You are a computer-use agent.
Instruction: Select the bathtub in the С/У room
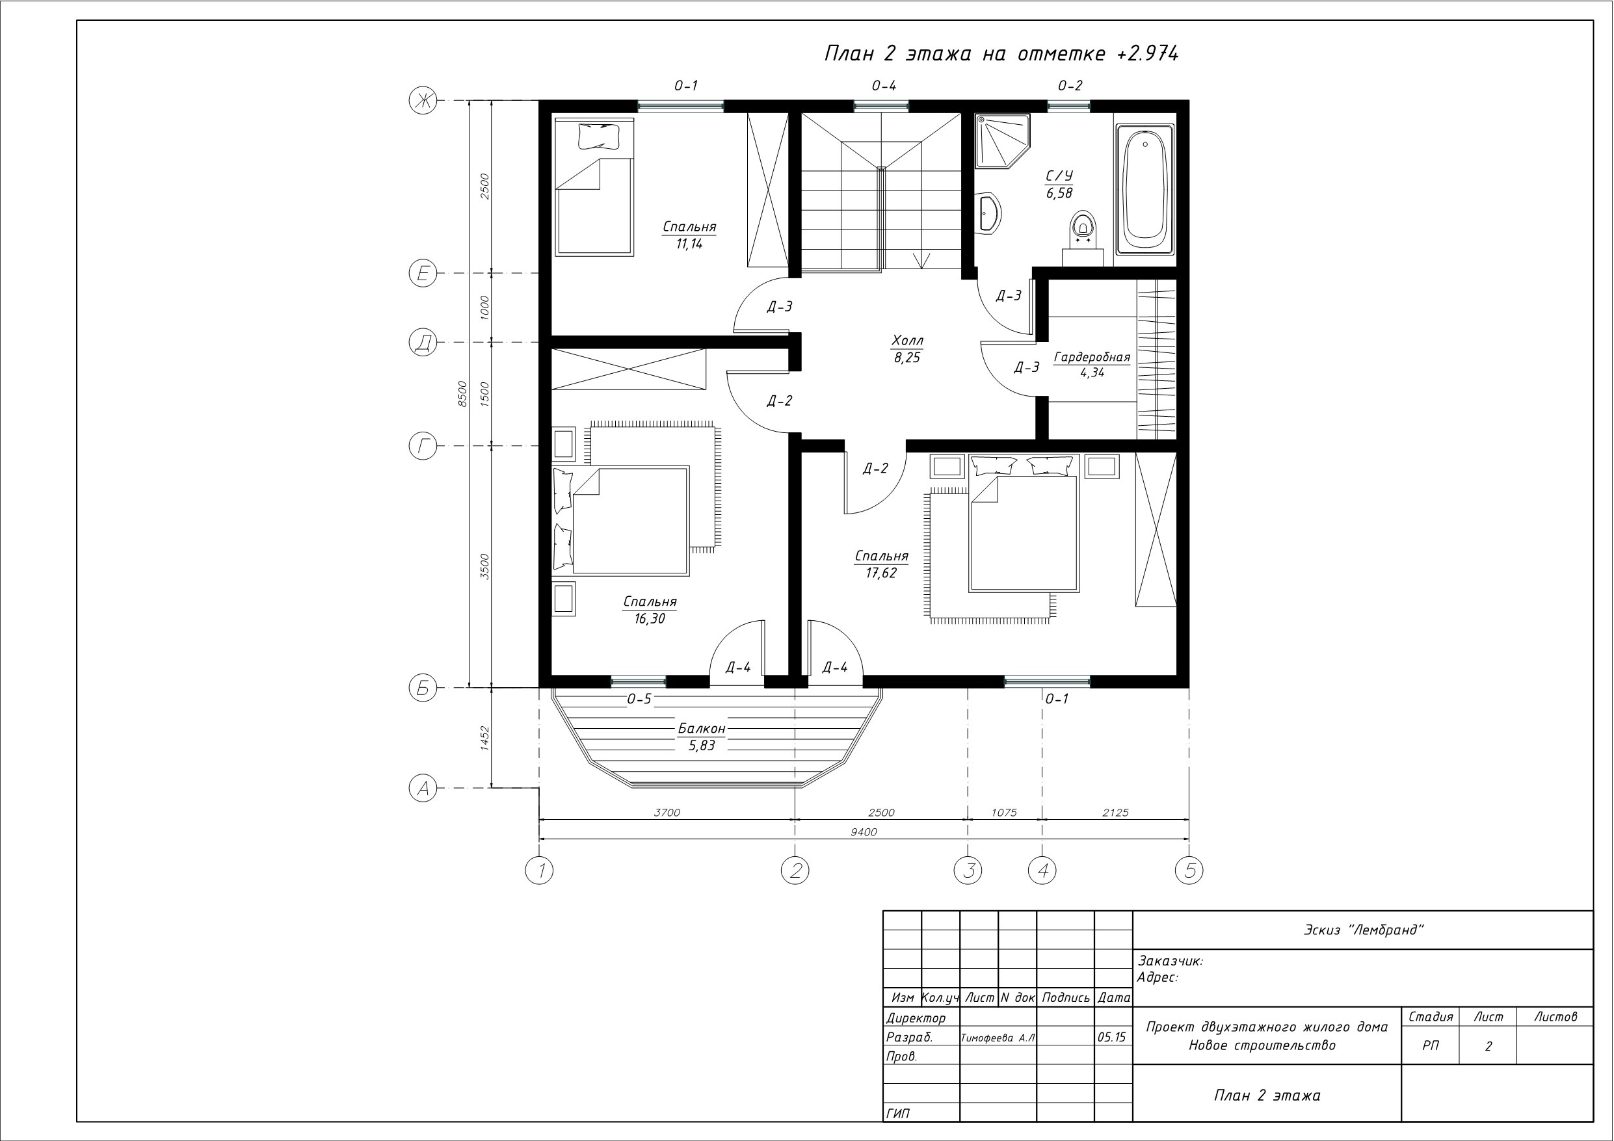[1145, 190]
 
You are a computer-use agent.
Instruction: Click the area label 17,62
[881, 573]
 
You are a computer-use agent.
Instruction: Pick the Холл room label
[908, 341]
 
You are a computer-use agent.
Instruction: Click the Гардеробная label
[1092, 357]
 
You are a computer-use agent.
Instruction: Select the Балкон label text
[702, 728]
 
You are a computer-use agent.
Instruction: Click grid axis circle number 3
[968, 871]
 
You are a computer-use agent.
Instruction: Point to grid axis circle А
[423, 788]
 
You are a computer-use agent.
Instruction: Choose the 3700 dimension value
[667, 813]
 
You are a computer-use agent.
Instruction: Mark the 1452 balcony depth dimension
[484, 738]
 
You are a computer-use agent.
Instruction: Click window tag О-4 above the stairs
[884, 86]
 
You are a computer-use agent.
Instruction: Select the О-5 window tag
[640, 699]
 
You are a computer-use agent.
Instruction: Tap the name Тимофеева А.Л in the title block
[998, 1038]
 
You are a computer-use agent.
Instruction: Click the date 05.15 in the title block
[1111, 1037]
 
